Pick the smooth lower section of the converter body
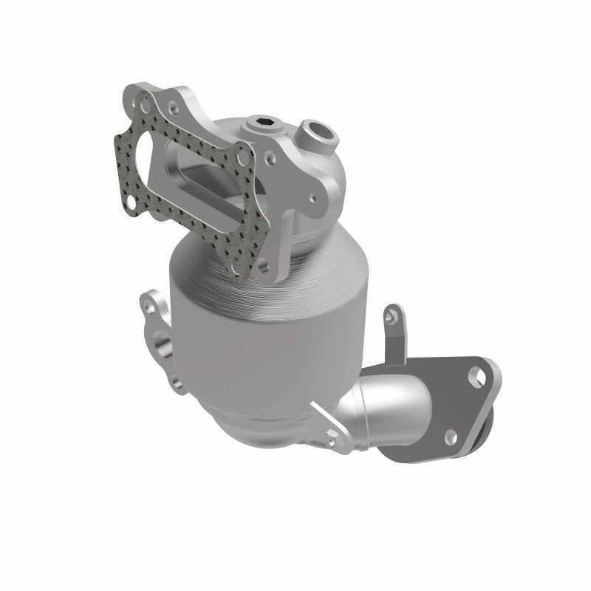pyautogui.click(x=244, y=369)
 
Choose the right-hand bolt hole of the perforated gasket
pyautogui.click(x=242, y=157)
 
